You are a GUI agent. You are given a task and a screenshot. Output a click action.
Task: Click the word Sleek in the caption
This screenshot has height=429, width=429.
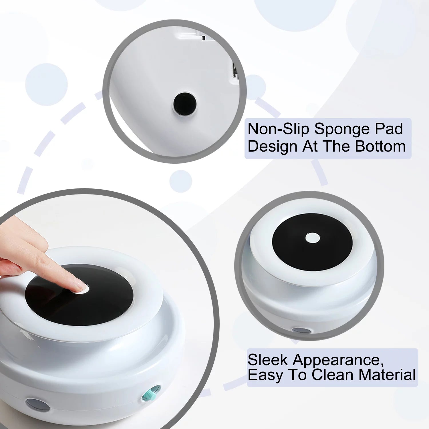pyautogui.click(x=267, y=360)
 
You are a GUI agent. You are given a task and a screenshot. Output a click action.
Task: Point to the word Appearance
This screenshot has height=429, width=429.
pyautogui.click(x=338, y=360)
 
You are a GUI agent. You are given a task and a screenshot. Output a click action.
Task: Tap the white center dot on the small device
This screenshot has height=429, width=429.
pyautogui.click(x=312, y=238)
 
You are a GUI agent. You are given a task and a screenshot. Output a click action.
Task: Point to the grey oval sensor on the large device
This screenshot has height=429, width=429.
pyautogui.click(x=37, y=405)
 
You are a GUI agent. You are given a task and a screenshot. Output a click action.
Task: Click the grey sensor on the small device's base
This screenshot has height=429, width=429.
pyautogui.click(x=302, y=331)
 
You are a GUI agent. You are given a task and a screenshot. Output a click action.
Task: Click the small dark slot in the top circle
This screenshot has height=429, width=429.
pyautogui.click(x=204, y=37)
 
